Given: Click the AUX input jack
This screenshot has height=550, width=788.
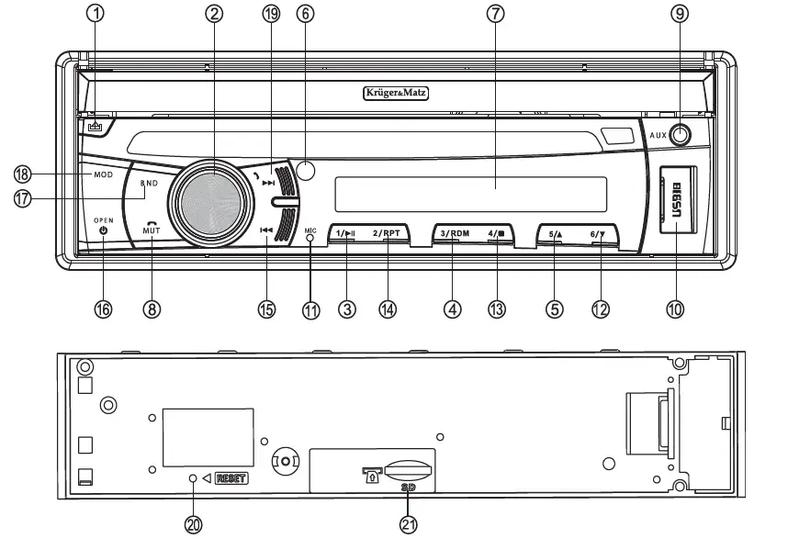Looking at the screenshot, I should pyautogui.click(x=681, y=135).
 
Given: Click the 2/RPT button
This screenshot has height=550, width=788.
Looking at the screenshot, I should pyautogui.click(x=387, y=233).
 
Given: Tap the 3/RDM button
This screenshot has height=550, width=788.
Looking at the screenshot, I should pyautogui.click(x=454, y=233).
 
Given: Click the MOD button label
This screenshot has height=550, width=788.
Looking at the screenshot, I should pyautogui.click(x=103, y=174).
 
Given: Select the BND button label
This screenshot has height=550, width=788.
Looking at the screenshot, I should pyautogui.click(x=149, y=184).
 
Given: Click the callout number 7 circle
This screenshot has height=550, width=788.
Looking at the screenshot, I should pyautogui.click(x=496, y=14).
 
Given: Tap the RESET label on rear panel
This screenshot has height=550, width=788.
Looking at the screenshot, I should pyautogui.click(x=231, y=478).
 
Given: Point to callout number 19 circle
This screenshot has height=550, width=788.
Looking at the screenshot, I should pyautogui.click(x=270, y=14).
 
